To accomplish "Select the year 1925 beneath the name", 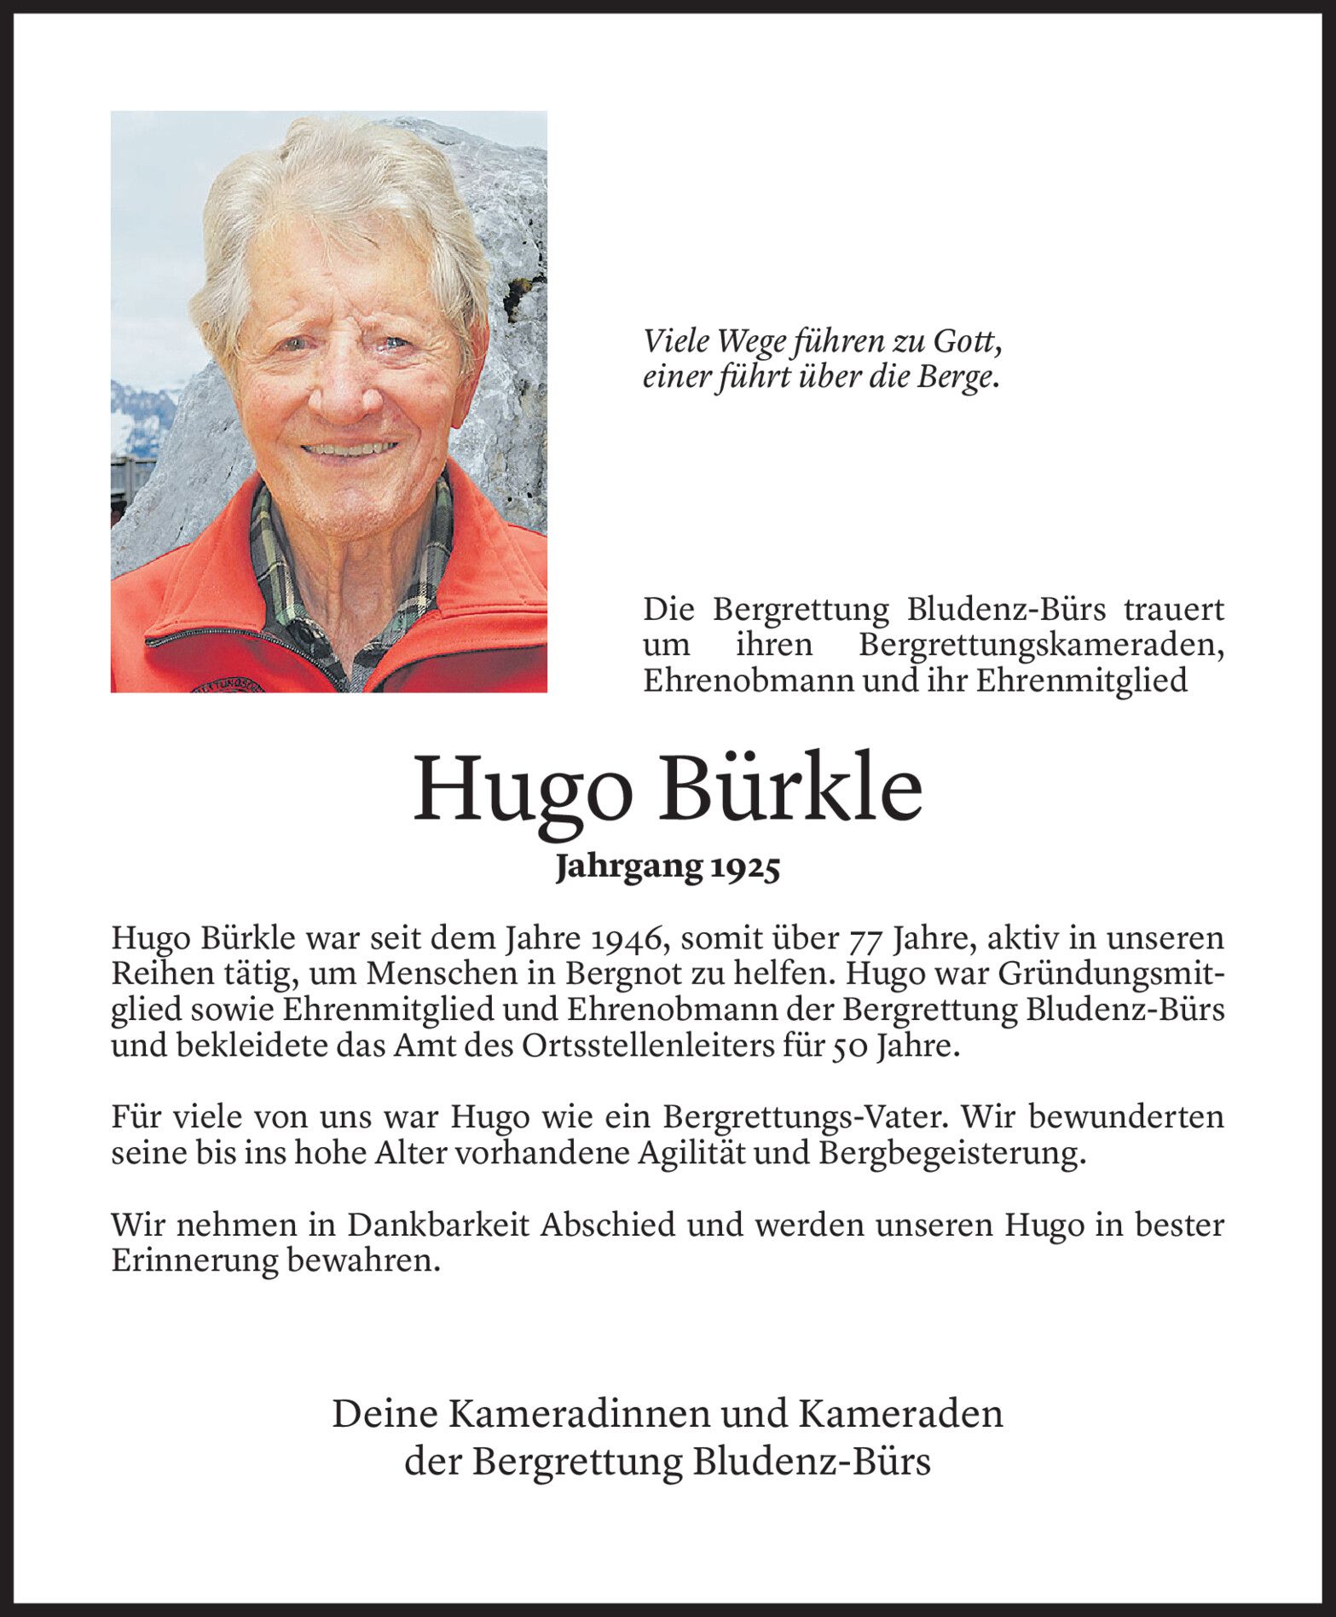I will tap(744, 868).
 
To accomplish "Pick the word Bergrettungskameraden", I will tap(1041, 646).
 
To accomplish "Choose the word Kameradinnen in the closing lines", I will tap(581, 1415).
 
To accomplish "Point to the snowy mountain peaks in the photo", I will tap(141, 409).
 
